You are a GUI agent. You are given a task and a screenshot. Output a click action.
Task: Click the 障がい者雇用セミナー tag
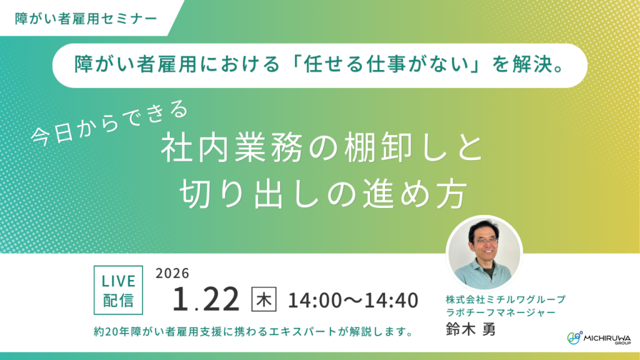coord(86,17)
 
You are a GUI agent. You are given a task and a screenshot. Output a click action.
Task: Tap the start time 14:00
coord(315,301)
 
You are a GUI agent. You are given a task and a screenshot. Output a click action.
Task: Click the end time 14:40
coord(391,301)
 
